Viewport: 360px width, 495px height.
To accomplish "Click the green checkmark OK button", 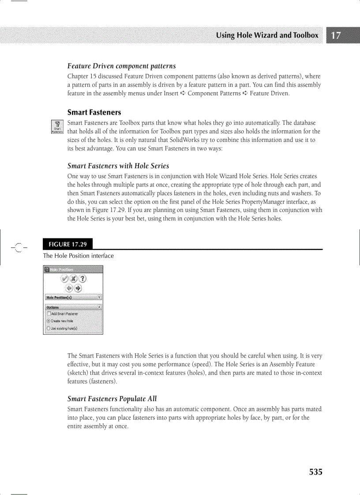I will click(x=64, y=279).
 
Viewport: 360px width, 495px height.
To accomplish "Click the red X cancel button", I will click(x=73, y=279).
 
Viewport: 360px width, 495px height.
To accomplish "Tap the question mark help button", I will click(x=82, y=279).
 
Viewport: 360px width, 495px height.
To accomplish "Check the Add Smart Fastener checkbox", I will click(x=49, y=314).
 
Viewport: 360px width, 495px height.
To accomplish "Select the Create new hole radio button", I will click(x=49, y=321).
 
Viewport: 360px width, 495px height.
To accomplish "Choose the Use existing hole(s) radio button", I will click(x=49, y=328).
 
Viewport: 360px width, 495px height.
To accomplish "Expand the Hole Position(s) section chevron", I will click(x=99, y=298).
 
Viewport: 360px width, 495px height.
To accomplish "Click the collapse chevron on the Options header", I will click(x=99, y=307).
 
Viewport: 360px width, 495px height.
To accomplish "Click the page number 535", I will click(x=315, y=472).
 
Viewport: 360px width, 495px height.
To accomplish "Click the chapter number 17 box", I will click(x=336, y=36).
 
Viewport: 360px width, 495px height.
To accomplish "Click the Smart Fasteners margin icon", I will click(x=57, y=127).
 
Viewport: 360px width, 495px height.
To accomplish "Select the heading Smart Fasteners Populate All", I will click(x=112, y=398).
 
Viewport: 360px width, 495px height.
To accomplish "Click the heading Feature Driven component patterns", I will click(x=121, y=66).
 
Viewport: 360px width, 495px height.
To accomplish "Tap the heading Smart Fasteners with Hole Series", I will click(x=118, y=166).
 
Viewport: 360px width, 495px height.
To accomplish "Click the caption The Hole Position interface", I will click(x=78, y=256).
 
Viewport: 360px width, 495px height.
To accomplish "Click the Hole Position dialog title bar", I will click(x=73, y=269).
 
